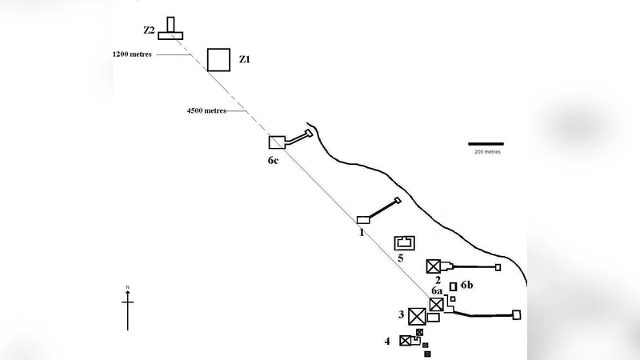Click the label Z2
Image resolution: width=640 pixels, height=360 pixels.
(148, 30)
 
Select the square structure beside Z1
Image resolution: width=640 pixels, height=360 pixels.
(218, 59)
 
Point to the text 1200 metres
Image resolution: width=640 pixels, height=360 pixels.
(133, 54)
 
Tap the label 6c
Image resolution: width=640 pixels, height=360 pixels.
(274, 160)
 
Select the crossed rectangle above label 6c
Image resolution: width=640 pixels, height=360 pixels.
(276, 142)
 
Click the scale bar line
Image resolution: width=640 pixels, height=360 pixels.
(486, 144)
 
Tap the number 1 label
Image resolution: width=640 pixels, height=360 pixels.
(362, 232)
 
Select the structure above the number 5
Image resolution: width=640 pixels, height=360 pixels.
(405, 242)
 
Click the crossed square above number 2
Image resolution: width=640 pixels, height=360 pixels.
(434, 266)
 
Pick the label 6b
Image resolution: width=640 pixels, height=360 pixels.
(468, 286)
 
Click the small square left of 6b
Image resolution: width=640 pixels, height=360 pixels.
(453, 286)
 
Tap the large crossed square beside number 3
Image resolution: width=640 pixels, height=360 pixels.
(417, 316)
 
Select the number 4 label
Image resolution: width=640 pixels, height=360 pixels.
(387, 341)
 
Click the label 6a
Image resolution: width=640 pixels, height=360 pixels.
(437, 291)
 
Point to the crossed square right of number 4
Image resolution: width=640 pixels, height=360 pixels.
(405, 341)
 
